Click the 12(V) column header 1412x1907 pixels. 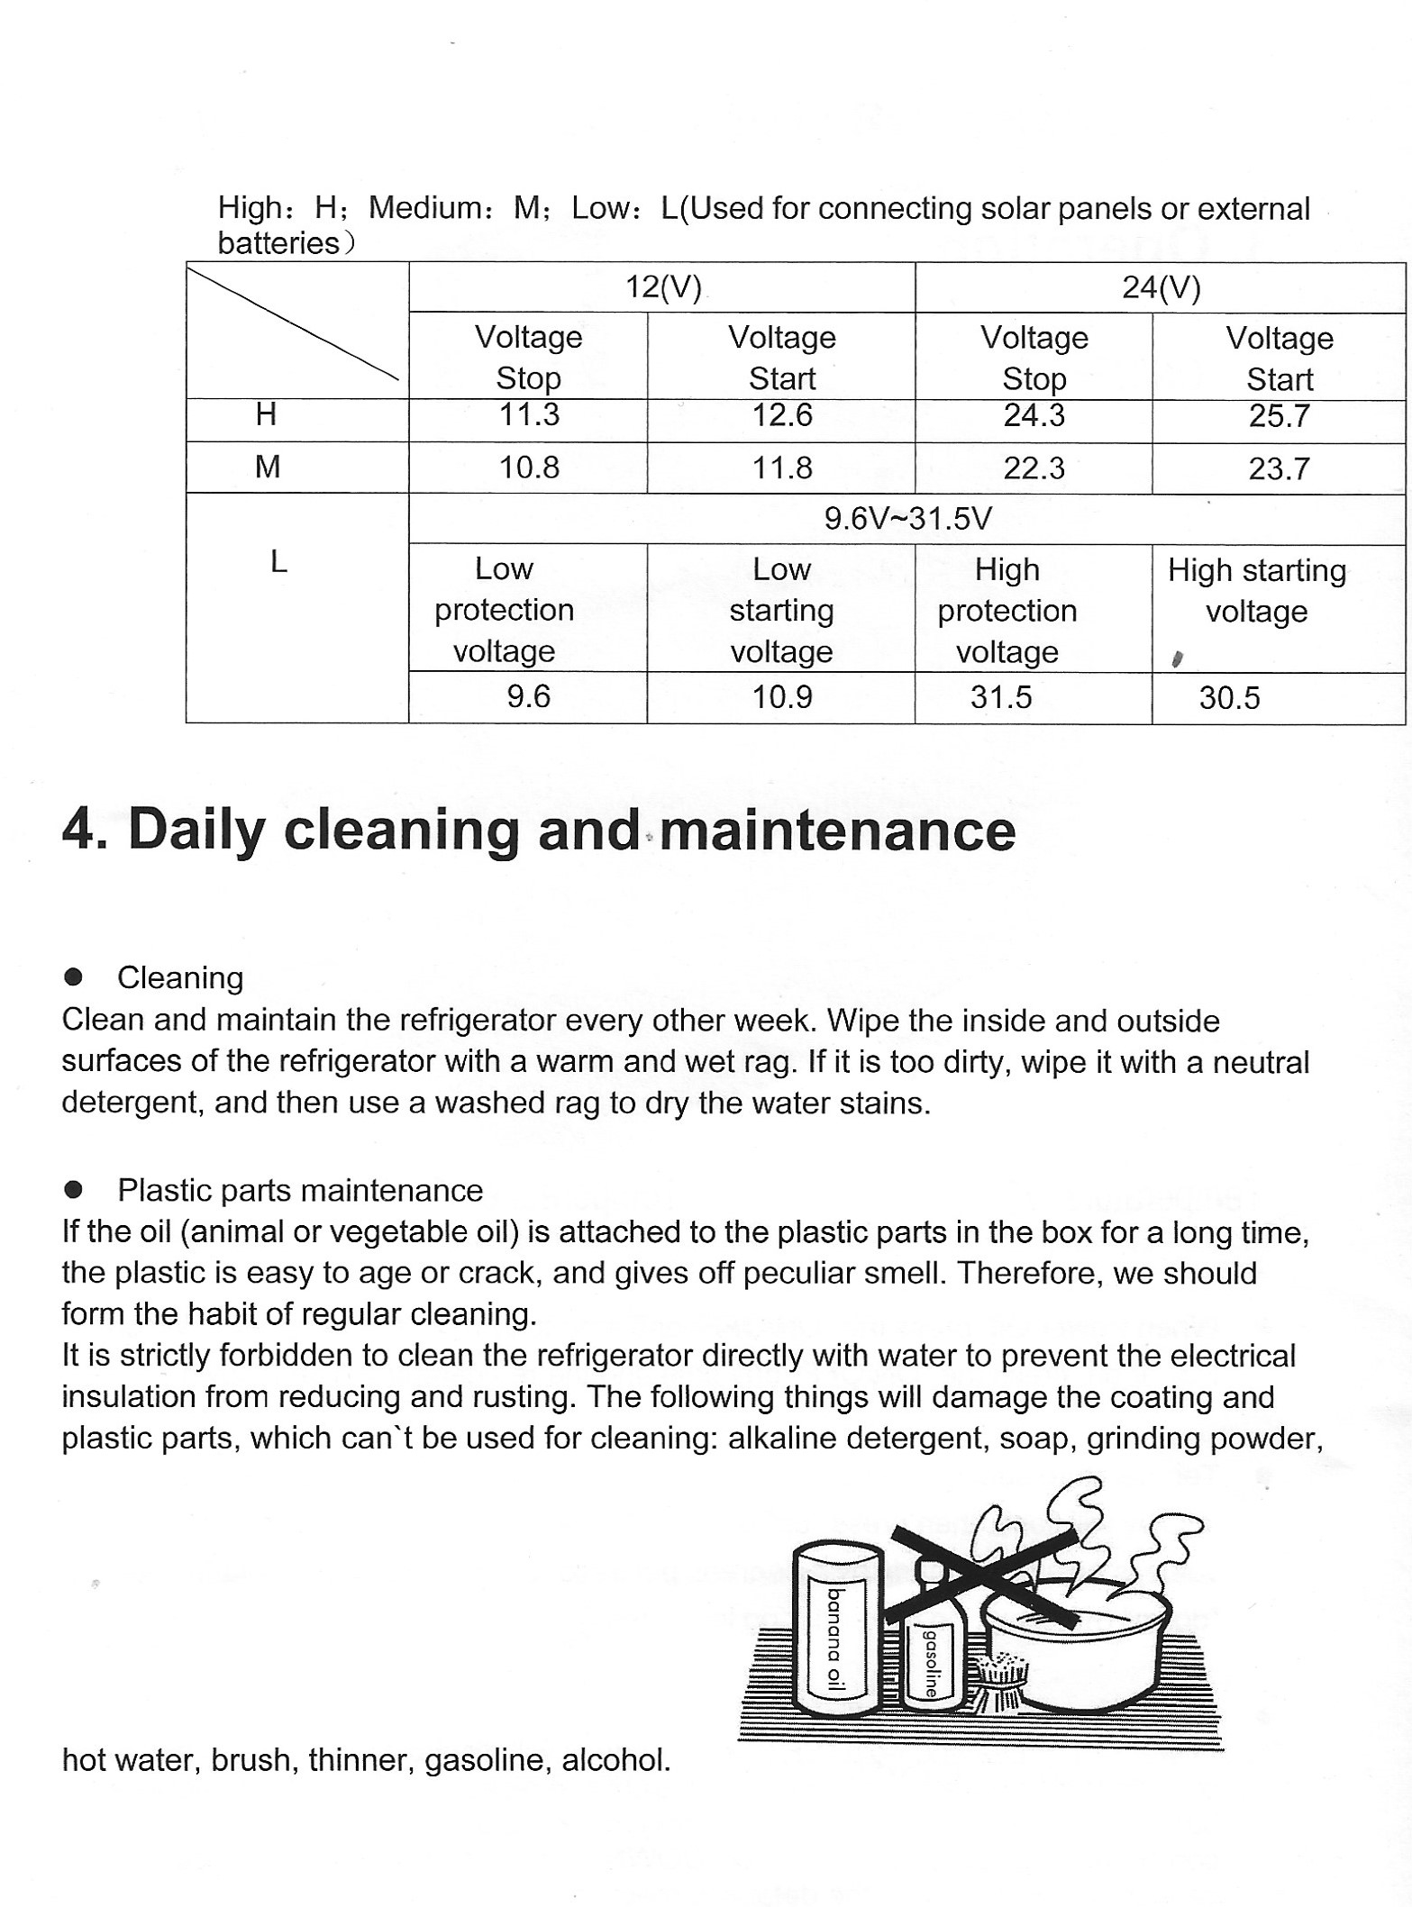(x=663, y=287)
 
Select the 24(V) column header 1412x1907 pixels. (x=1161, y=287)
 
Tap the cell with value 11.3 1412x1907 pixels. (x=529, y=415)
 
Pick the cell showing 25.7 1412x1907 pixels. (x=1279, y=416)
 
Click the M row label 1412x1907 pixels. (x=268, y=467)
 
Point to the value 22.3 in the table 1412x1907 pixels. (x=1034, y=468)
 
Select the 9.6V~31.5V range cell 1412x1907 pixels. (x=907, y=518)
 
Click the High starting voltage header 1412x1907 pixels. (x=1257, y=591)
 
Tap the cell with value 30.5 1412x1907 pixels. (x=1229, y=698)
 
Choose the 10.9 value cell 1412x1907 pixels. (x=782, y=697)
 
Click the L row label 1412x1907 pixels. (x=278, y=562)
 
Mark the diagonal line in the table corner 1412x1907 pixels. (x=294, y=323)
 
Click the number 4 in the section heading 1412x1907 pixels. (x=79, y=829)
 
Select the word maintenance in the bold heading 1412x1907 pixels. (x=837, y=831)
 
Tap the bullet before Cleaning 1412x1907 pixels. (x=74, y=977)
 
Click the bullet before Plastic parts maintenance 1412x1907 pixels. (x=74, y=1190)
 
